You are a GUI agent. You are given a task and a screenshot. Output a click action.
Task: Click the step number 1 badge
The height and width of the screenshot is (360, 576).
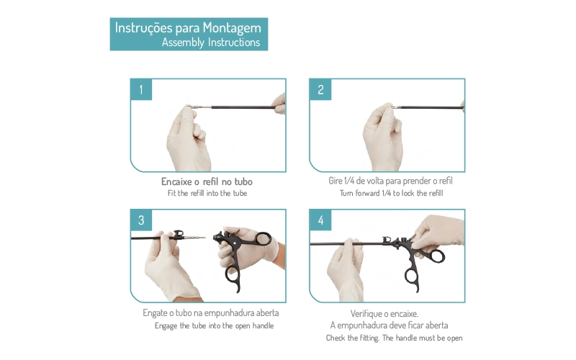coord(141,89)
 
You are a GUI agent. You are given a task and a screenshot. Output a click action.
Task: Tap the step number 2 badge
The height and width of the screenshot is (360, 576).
coord(320,89)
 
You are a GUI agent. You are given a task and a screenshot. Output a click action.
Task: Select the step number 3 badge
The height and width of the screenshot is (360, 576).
coord(141,220)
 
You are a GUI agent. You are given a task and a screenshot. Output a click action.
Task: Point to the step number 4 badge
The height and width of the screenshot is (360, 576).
coord(320,220)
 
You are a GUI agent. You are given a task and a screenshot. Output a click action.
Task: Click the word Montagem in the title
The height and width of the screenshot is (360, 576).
coord(232,28)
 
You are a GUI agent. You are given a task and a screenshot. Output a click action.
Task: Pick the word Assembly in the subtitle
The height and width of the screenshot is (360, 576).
coord(183,42)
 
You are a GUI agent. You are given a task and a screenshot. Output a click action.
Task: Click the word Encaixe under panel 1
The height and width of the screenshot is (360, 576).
coord(176,181)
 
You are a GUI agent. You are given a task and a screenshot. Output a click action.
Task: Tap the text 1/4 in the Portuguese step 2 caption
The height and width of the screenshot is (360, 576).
coord(349,181)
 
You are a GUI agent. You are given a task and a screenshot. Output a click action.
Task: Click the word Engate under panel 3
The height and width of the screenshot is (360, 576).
coord(155,313)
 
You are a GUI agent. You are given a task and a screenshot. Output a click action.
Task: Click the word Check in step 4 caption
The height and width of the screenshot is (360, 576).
coord(336,338)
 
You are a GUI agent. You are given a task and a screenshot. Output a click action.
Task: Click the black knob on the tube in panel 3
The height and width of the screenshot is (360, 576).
coord(179,233)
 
